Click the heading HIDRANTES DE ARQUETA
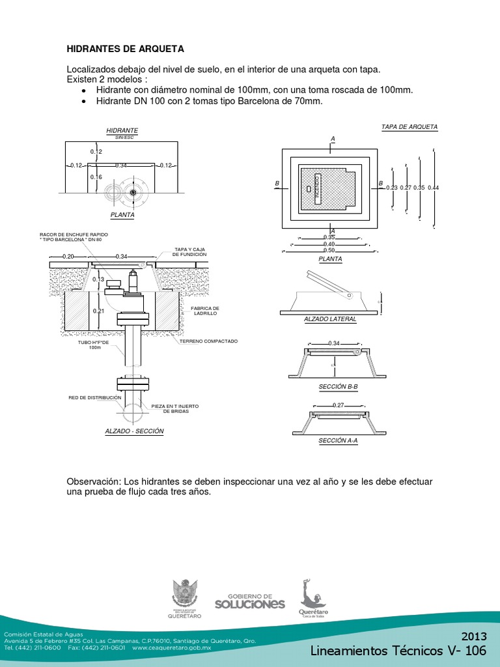pos(126,49)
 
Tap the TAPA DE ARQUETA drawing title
pos(410,127)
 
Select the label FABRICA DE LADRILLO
pos(204,311)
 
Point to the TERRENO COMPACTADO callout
pos(209,341)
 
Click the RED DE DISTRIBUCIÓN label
pos(95,397)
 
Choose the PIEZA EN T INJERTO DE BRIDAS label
pos(175,408)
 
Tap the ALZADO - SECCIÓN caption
pos(134,431)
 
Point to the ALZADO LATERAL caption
pos(330,319)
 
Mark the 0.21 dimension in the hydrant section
pos(98,311)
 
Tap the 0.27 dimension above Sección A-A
pos(338,405)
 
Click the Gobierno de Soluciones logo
pos(256,601)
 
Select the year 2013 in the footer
pos(474,636)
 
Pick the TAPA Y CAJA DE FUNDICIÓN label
pos(189,251)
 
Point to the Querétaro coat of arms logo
pos(185,598)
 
